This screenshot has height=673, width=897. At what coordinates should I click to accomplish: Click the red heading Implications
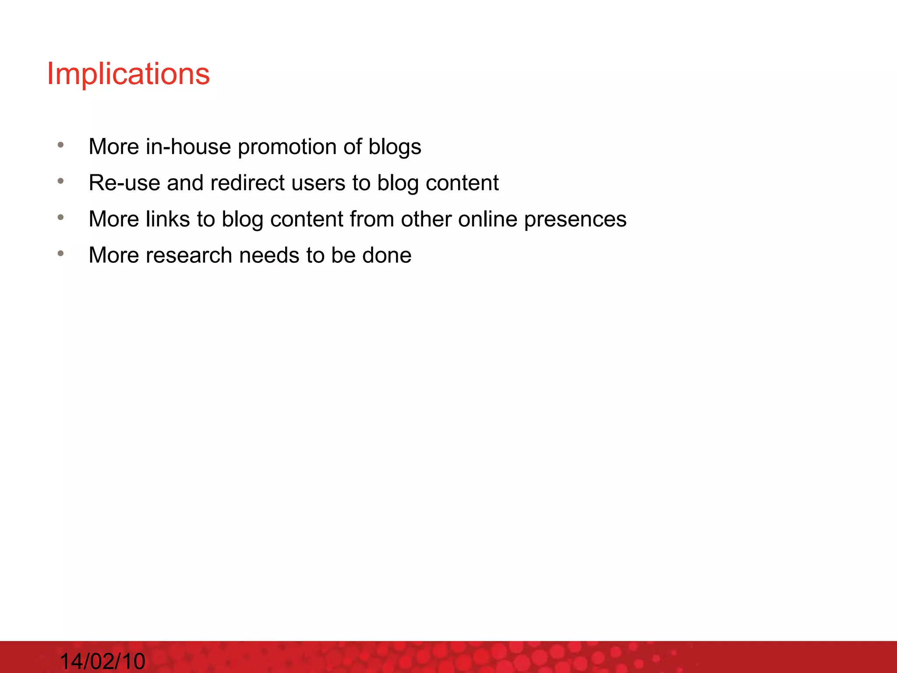(x=128, y=74)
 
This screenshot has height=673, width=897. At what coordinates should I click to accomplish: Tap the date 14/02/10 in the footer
(x=102, y=661)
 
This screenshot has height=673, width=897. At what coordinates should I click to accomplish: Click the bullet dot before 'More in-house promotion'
(x=61, y=145)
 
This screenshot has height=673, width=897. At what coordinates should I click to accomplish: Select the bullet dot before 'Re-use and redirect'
(x=61, y=181)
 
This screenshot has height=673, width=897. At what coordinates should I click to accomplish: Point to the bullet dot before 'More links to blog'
(x=61, y=217)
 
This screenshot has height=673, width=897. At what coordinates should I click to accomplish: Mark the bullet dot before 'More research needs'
(x=61, y=253)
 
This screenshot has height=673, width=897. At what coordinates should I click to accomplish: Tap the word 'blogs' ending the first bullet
(x=395, y=147)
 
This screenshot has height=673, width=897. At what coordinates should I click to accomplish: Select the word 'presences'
(x=575, y=220)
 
